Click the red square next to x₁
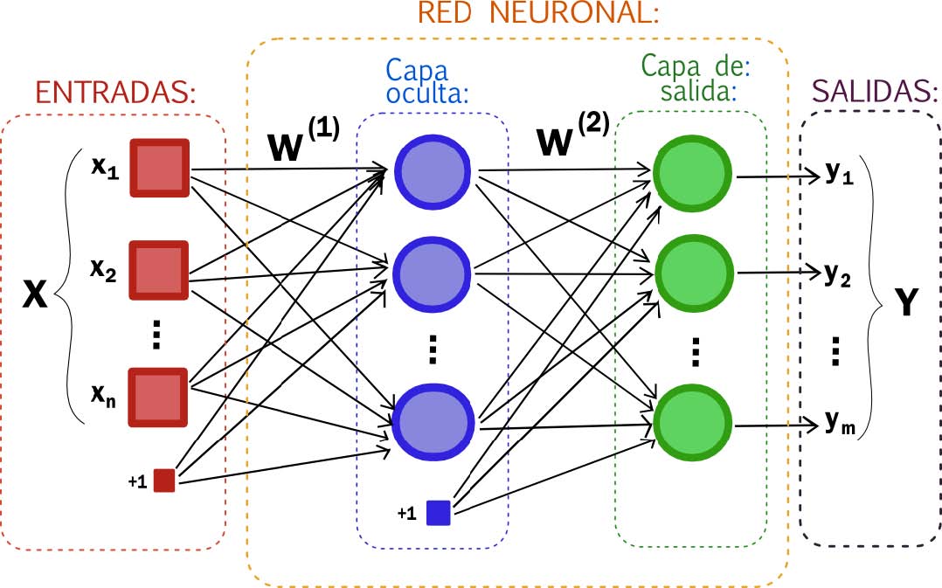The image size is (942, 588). (160, 167)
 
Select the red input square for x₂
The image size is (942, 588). (160, 271)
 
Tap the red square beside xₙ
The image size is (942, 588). (159, 398)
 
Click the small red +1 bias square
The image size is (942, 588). (164, 481)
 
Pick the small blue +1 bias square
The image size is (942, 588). (438, 512)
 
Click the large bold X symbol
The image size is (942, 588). (33, 295)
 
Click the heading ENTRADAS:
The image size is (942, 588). (115, 92)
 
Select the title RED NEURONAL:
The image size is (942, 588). (537, 13)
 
